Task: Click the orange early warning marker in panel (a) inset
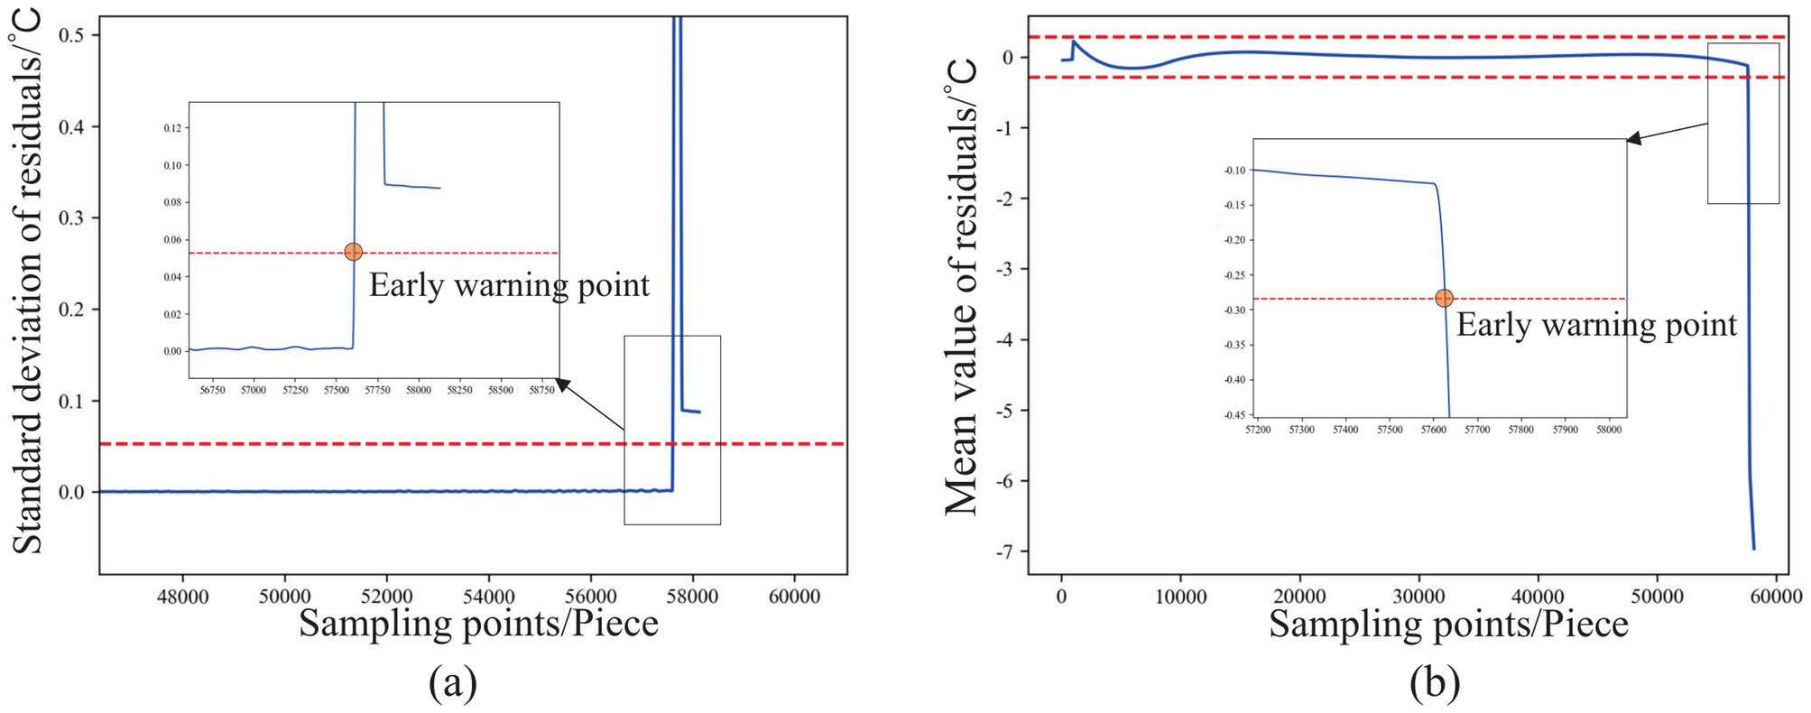point(353,252)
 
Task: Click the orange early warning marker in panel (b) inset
point(1444,298)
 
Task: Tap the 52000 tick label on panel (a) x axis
point(386,597)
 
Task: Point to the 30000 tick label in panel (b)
point(1418,597)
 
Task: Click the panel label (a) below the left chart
point(452,683)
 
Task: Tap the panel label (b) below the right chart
point(1434,683)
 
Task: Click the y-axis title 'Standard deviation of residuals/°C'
point(27,280)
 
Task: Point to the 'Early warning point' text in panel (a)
point(509,285)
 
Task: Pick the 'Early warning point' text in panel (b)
point(1595,325)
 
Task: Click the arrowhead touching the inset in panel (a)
point(563,385)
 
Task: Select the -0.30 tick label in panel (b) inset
point(1234,310)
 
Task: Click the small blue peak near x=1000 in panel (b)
point(1073,42)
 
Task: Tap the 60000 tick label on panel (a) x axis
point(794,597)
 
